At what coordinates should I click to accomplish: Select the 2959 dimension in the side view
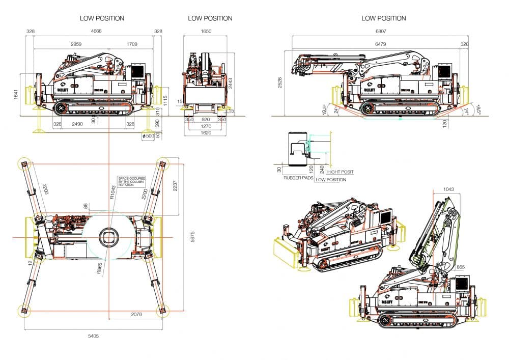tap(76, 44)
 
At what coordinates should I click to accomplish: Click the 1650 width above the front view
tap(206, 32)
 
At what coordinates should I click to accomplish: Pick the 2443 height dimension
tap(230, 82)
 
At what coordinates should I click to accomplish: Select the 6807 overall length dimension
tap(380, 32)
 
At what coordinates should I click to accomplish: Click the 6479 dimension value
tap(380, 44)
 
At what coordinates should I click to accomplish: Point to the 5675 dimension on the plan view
tap(192, 237)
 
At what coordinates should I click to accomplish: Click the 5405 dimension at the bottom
tap(94, 336)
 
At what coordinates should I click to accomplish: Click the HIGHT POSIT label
tap(340, 172)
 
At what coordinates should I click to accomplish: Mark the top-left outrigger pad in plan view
tap(23, 163)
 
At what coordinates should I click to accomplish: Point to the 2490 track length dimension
tap(77, 124)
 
